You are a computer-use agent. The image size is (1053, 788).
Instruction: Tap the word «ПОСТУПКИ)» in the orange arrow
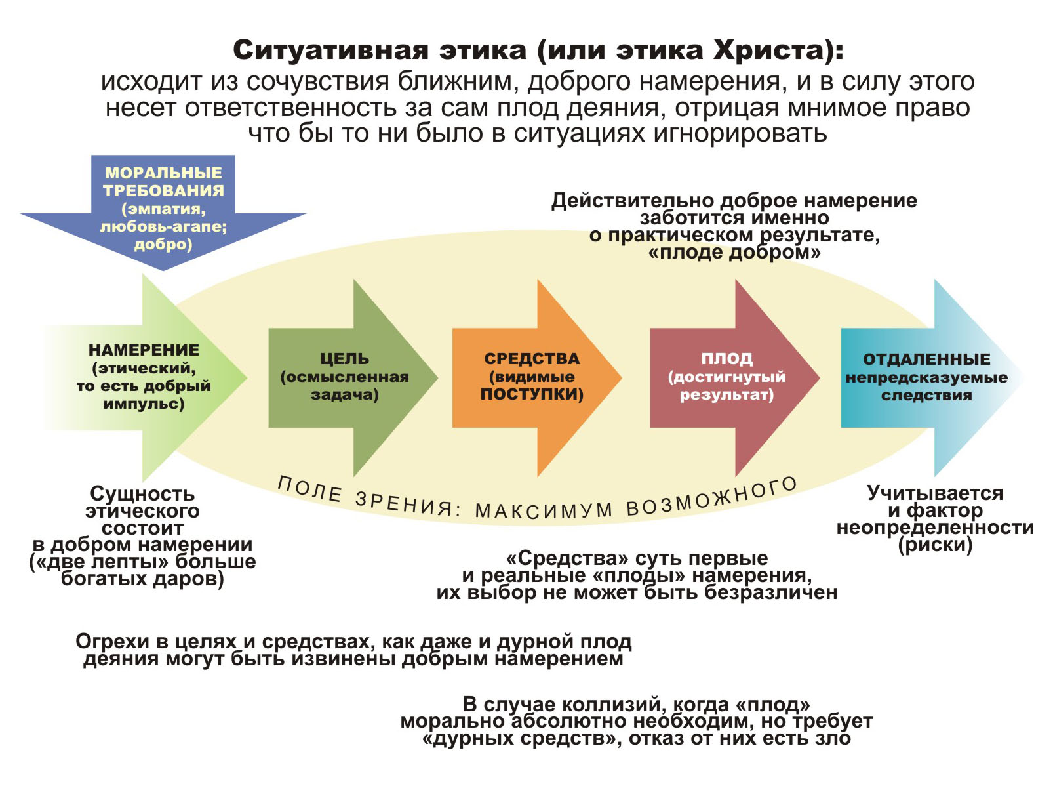[x=532, y=394]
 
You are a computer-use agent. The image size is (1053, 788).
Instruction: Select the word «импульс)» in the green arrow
[x=144, y=404]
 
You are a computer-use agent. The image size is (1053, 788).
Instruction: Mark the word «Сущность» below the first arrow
[x=142, y=493]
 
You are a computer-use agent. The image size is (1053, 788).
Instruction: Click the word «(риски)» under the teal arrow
[x=935, y=545]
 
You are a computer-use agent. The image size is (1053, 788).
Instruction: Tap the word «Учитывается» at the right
[x=935, y=493]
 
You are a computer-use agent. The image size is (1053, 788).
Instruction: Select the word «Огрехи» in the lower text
[x=111, y=641]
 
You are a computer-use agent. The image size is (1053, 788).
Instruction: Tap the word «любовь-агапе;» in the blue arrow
[x=163, y=227]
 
